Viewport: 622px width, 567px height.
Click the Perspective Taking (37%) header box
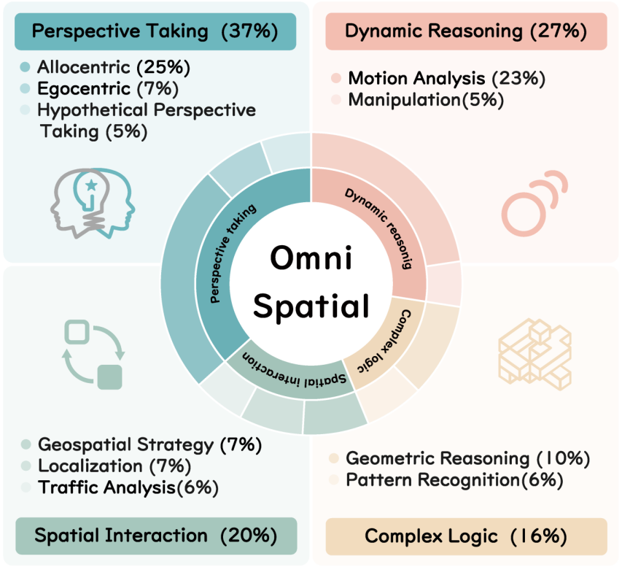tap(155, 31)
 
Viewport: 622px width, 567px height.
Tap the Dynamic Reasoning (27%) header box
tap(466, 31)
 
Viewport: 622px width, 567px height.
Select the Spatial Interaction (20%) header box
tap(156, 536)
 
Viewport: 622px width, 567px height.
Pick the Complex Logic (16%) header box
tap(466, 536)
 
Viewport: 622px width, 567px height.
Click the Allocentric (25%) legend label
tap(114, 67)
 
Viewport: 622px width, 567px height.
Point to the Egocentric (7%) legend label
tap(107, 88)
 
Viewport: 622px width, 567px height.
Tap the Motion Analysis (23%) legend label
tap(447, 78)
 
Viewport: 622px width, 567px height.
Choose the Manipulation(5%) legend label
tap(426, 100)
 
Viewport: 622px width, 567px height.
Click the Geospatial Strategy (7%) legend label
tap(150, 444)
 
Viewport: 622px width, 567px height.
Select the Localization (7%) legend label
tap(114, 466)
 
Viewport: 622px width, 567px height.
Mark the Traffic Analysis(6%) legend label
tap(128, 487)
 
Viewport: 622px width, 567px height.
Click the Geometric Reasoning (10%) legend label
tap(468, 458)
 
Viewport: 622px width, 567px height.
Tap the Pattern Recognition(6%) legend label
tap(454, 480)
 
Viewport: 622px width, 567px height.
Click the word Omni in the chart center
tap(311, 258)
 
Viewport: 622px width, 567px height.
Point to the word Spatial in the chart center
tap(311, 306)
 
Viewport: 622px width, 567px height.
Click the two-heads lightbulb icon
tap(93, 204)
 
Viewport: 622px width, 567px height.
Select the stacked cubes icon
tap(534, 354)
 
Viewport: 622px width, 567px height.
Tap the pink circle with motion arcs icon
tap(534, 204)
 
